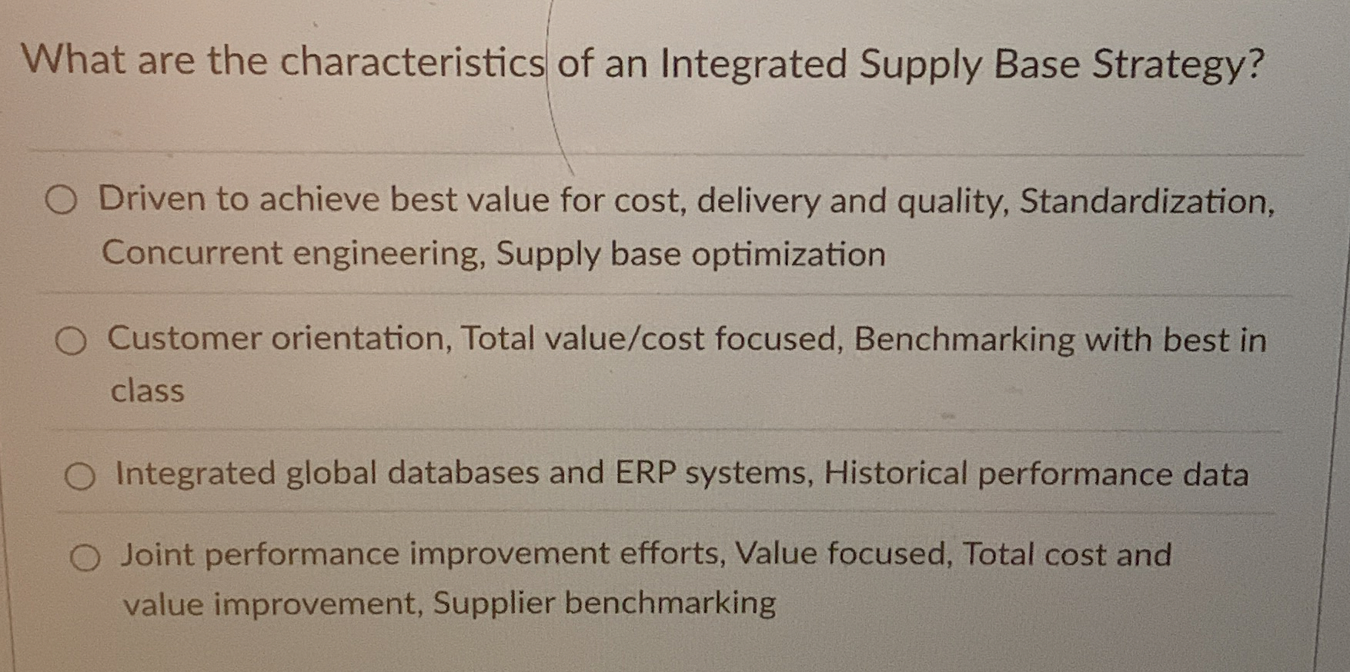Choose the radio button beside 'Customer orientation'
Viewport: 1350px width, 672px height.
(x=71, y=341)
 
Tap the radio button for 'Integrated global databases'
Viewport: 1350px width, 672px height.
(x=80, y=477)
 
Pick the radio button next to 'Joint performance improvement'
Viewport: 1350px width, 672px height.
(x=85, y=557)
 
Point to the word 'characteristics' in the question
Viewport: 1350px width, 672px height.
(x=412, y=62)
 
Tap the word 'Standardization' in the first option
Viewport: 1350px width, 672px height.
(x=1144, y=201)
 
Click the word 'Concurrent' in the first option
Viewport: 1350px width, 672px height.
(x=192, y=253)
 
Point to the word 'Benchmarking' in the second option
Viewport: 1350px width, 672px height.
(x=964, y=340)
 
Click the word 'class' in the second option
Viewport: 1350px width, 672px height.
(x=147, y=391)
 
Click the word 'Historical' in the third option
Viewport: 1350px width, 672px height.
(x=895, y=474)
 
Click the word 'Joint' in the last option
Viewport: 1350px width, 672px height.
(x=157, y=554)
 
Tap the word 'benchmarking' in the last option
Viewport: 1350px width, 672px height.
(x=670, y=603)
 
